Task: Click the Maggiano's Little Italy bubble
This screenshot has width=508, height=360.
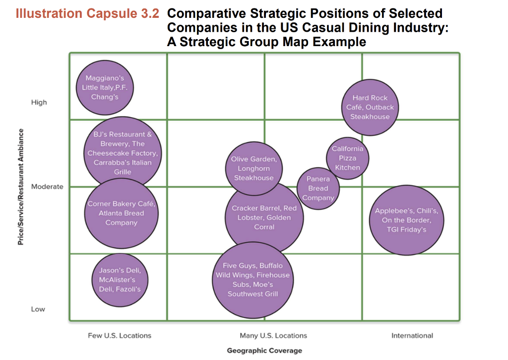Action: pos(105,87)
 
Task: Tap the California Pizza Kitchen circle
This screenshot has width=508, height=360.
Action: pos(347,158)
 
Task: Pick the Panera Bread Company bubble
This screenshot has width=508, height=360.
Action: pos(318,188)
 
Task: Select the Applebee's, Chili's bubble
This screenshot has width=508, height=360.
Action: pos(406,220)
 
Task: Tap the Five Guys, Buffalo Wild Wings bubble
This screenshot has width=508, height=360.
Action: pos(252,280)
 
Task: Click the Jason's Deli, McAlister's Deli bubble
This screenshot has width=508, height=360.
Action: pos(120,280)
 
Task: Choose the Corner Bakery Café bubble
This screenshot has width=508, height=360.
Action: pos(122,213)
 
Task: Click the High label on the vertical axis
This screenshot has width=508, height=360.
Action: pos(39,102)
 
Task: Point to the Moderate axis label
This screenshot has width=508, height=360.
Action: pos(47,186)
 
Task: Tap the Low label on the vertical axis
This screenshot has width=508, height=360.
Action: pos(38,309)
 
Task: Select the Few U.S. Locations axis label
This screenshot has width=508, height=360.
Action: pos(120,336)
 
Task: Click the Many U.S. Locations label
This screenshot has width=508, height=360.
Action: pos(273,336)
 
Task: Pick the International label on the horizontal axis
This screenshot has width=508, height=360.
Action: pos(412,336)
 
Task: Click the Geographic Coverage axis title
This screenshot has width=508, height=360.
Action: pos(264,351)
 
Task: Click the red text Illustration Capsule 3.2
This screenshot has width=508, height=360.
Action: pos(87,13)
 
